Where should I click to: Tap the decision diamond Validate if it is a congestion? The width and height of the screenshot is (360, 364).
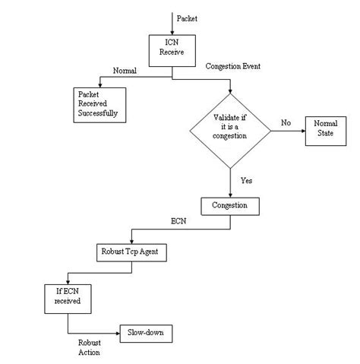(230, 128)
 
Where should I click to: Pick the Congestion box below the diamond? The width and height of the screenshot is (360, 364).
(230, 205)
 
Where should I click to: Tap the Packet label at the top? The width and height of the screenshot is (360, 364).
(186, 16)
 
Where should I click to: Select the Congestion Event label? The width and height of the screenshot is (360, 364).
(233, 67)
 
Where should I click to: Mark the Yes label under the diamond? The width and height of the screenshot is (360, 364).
(246, 181)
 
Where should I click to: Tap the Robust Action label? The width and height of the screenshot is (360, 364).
(90, 347)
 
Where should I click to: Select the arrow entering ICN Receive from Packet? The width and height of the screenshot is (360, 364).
(172, 23)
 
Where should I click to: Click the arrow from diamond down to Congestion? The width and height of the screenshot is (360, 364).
(230, 182)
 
